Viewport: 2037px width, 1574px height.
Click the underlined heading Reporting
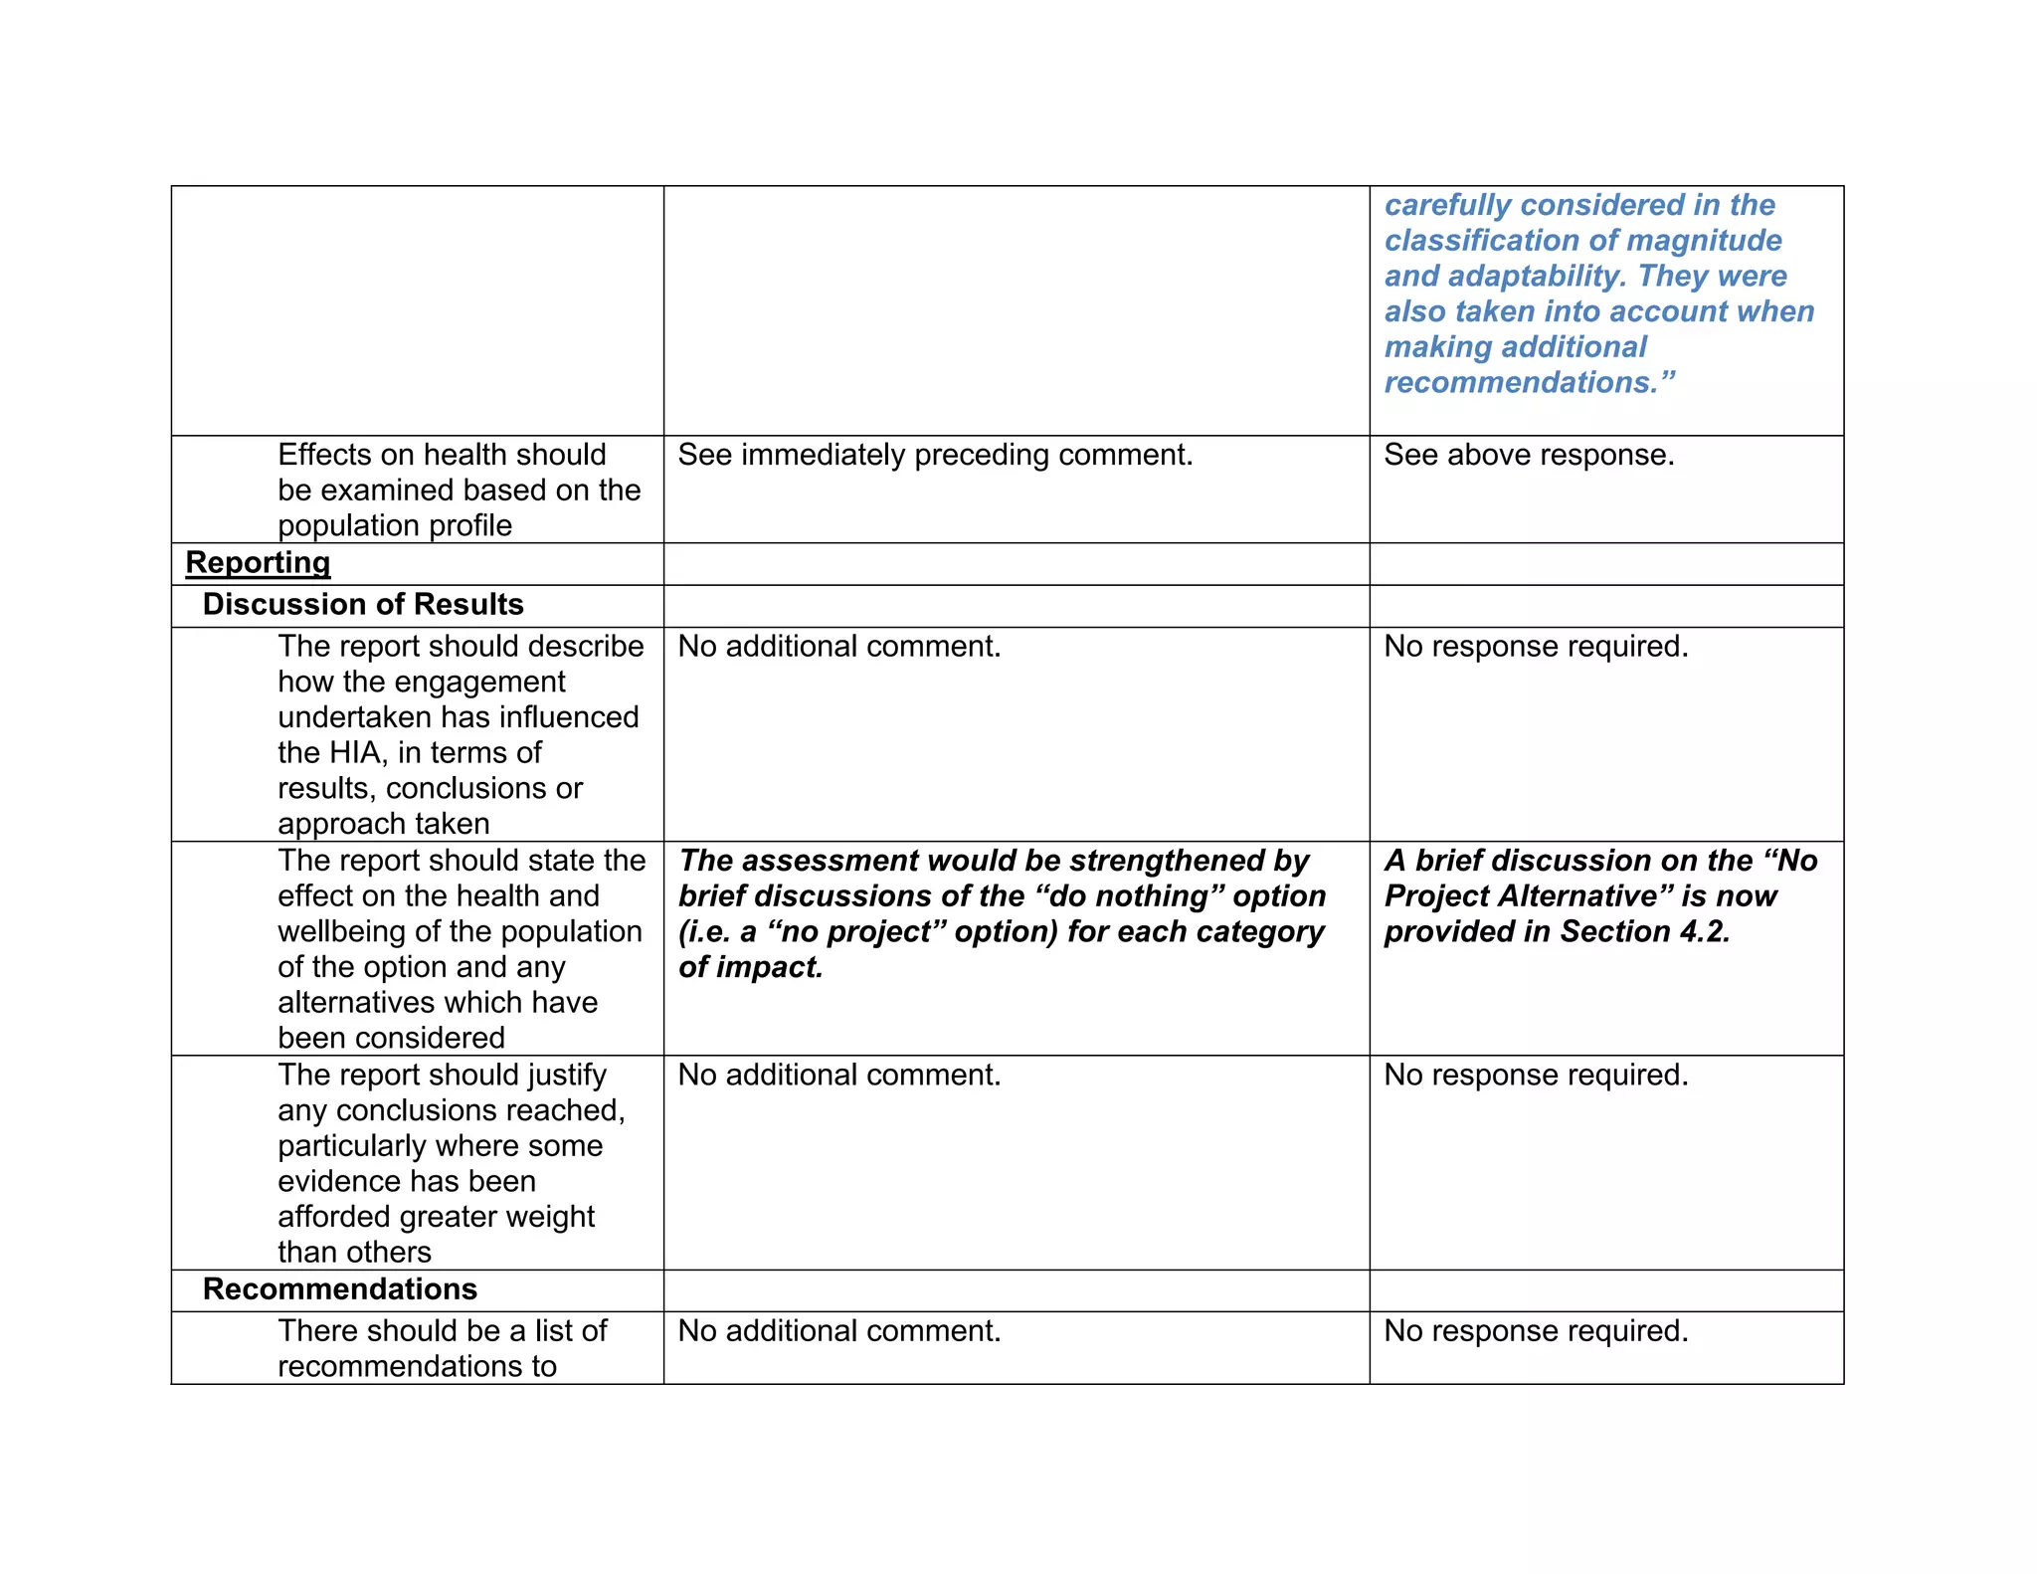[258, 562]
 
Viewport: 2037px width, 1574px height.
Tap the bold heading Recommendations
[340, 1288]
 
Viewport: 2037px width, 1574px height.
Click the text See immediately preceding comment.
[935, 455]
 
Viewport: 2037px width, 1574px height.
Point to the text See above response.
[1529, 455]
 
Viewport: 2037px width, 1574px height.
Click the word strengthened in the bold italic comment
[1165, 861]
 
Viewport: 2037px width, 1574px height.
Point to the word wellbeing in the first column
[342, 931]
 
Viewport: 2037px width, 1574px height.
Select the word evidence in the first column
[338, 1181]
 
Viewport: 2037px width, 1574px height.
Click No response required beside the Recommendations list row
[1536, 1330]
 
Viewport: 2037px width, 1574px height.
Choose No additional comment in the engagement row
[838, 647]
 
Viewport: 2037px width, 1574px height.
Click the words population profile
[395, 525]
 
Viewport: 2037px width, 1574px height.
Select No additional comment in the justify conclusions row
[838, 1075]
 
